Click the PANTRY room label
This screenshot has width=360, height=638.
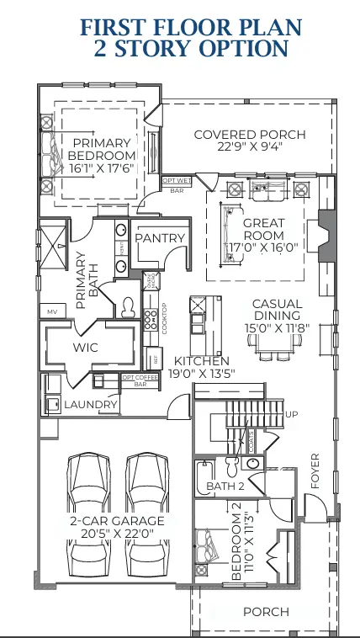tap(159, 238)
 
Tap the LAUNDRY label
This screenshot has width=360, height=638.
tap(91, 406)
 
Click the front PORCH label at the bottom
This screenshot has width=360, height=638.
tap(266, 612)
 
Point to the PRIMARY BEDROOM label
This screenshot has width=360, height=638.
tap(102, 150)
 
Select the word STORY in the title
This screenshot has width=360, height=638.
tap(147, 49)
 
